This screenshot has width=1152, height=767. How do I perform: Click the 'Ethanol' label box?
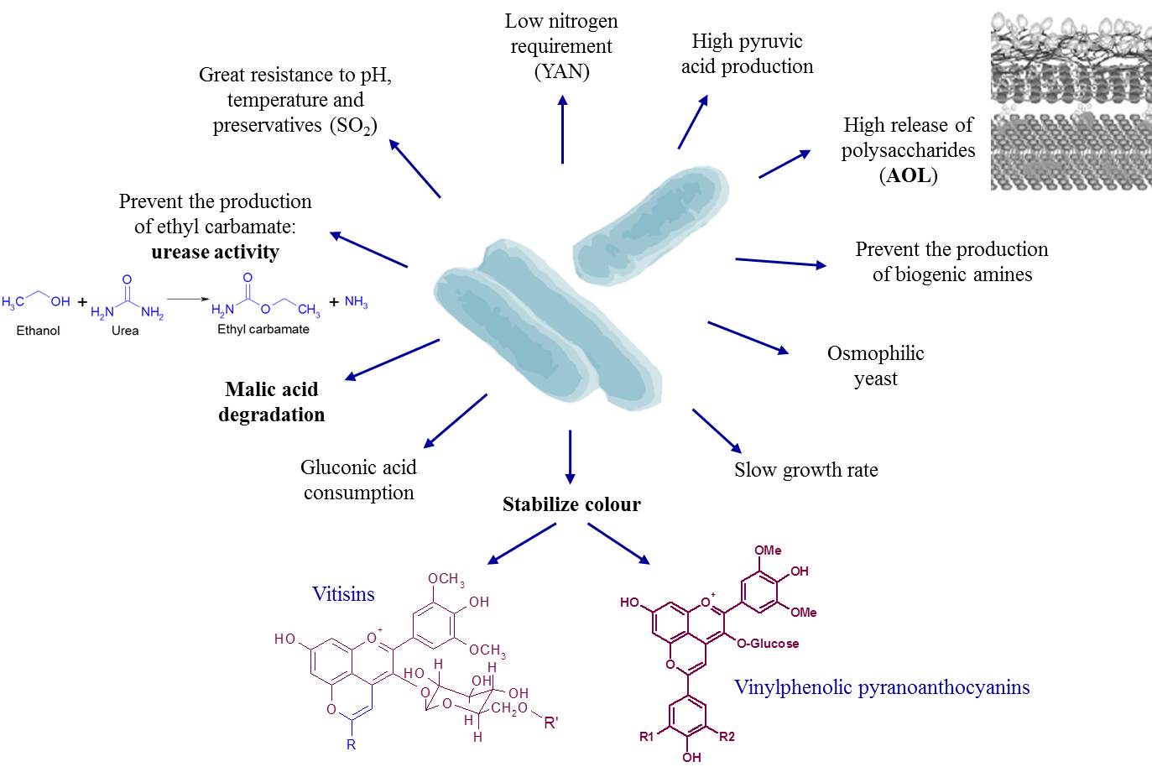39,331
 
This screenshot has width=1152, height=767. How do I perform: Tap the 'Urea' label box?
125,331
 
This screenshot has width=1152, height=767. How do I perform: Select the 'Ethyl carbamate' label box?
263,329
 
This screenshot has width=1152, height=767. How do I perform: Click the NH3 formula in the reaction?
356,302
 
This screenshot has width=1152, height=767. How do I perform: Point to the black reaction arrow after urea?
187,298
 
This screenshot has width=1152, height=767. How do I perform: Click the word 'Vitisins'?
343,594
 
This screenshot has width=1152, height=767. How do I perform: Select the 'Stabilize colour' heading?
571,504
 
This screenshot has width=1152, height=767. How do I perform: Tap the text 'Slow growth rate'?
805,470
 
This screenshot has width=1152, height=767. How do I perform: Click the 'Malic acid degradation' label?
271,402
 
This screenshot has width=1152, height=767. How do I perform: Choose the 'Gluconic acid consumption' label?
358,480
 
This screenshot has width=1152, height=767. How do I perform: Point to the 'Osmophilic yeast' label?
875,366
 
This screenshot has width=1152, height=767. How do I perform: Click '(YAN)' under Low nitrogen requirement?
562,71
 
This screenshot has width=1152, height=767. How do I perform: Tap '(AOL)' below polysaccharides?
909,175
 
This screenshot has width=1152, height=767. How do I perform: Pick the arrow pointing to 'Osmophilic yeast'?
748,337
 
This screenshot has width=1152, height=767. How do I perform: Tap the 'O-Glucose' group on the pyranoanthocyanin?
768,644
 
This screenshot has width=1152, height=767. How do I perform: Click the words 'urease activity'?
215,252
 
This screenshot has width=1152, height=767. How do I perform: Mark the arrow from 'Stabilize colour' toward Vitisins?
522,543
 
